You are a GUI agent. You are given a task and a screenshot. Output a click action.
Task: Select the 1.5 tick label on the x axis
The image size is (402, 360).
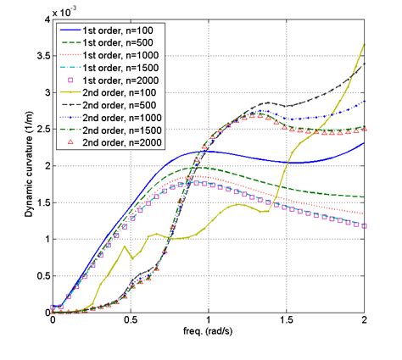(x=287, y=322)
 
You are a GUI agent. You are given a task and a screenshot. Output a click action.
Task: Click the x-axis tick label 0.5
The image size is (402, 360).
(x=131, y=322)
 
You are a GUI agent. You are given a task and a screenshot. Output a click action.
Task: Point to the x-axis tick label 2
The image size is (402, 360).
(x=365, y=322)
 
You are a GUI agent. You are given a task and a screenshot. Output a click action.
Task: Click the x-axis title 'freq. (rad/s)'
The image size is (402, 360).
(x=209, y=334)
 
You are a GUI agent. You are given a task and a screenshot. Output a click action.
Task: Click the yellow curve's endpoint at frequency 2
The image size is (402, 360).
(x=365, y=45)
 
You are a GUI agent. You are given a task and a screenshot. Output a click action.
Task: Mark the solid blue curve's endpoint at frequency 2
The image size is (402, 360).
(x=365, y=143)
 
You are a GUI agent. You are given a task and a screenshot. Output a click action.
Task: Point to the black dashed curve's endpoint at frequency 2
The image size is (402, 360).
(x=365, y=64)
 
